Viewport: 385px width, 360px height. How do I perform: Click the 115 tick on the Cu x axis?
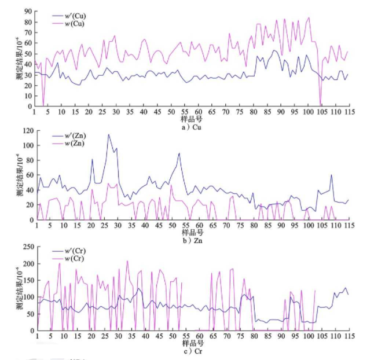pyautogui.click(x=350, y=112)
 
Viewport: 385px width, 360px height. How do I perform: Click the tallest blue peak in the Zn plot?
pyautogui.click(x=108, y=135)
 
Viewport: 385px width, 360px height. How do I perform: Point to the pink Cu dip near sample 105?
pyautogui.click(x=321, y=103)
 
